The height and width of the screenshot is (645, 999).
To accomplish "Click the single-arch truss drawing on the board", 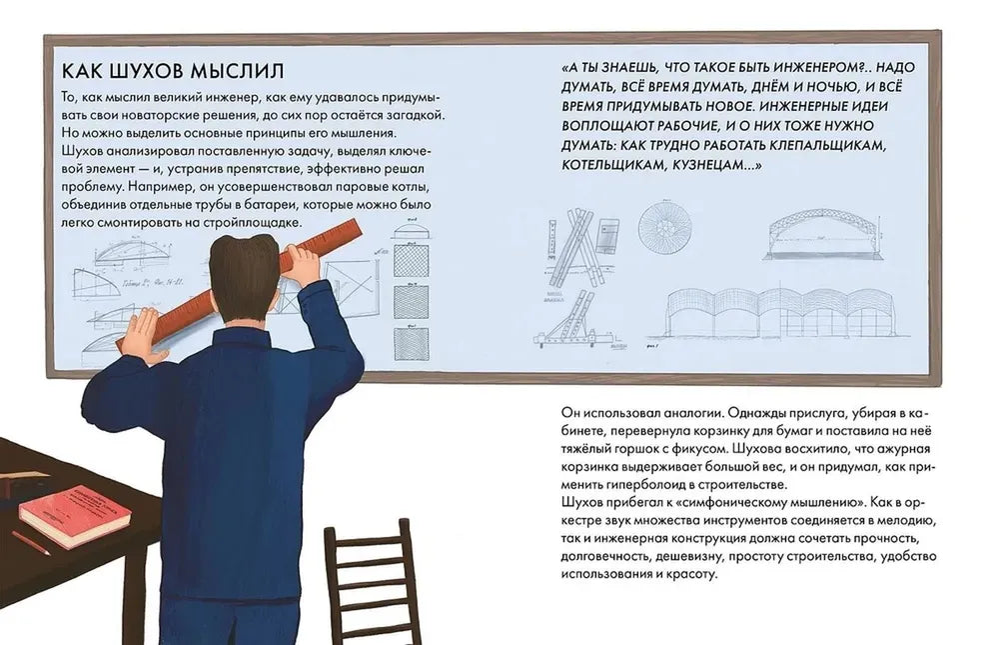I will pyautogui.click(x=821, y=235).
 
